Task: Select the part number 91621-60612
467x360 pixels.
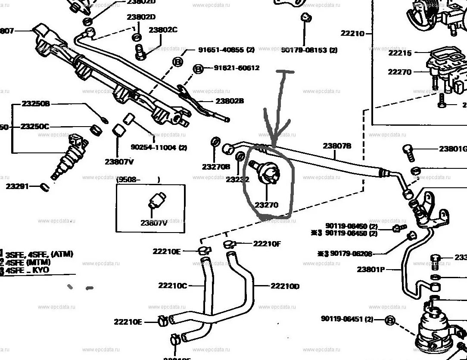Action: (237, 68)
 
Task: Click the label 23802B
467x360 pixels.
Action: (230, 101)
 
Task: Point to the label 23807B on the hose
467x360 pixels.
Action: (337, 146)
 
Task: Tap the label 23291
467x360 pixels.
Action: (17, 186)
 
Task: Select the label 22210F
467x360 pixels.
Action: (267, 244)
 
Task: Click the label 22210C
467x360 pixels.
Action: (172, 285)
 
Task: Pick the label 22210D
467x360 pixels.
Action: (285, 286)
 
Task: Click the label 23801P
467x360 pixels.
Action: (370, 270)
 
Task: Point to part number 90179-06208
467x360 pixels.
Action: (351, 254)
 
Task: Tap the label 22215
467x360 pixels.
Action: (400, 53)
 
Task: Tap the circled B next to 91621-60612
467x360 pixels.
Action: (197, 68)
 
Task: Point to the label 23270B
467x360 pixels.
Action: (216, 166)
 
